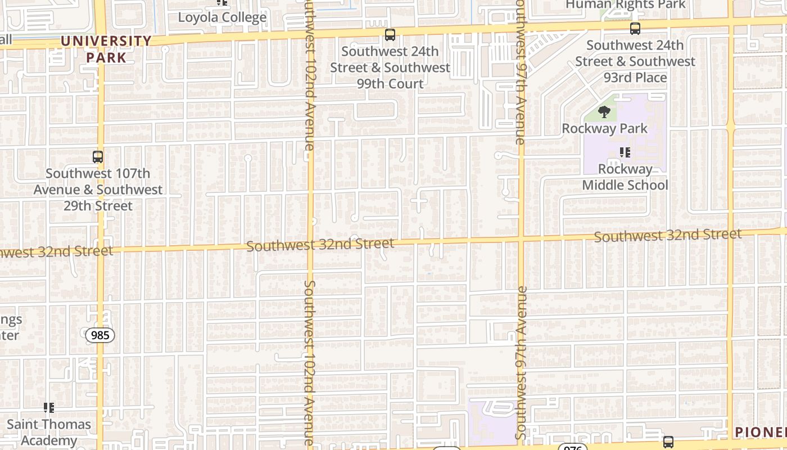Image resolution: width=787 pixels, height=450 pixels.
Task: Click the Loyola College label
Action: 222,17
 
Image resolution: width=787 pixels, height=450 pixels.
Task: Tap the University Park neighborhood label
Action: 106,49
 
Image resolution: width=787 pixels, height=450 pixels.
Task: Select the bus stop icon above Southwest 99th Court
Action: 390,35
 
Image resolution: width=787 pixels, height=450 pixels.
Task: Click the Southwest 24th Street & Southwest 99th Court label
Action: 390,67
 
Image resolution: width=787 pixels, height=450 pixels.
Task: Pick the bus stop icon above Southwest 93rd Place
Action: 635,29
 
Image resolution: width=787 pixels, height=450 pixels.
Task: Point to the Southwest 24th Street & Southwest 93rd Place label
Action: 635,61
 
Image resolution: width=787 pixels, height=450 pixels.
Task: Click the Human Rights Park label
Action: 625,5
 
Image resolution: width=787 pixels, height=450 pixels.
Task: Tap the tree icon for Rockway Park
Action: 604,112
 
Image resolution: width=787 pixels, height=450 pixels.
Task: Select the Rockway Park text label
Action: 605,128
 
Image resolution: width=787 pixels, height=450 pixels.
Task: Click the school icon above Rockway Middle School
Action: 625,152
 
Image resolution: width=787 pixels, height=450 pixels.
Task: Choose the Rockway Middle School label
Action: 625,177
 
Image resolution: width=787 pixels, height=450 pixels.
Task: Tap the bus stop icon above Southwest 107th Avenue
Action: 98,157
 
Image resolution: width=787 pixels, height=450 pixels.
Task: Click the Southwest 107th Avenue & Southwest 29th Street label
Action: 98,190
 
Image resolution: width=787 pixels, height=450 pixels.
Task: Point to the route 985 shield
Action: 100,336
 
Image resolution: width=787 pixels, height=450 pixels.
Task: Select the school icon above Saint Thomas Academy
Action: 49,408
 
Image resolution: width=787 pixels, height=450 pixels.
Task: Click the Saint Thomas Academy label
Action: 49,432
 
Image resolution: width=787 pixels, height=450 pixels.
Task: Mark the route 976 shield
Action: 572,448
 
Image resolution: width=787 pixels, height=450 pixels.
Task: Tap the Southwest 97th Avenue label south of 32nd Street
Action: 521,363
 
